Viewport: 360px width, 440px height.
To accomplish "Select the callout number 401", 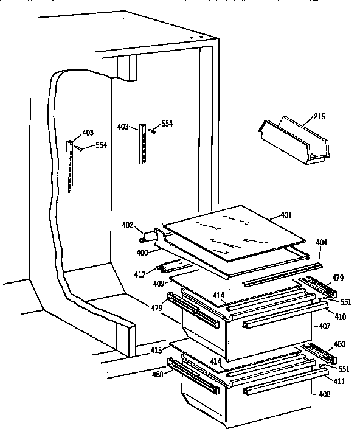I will (285, 214).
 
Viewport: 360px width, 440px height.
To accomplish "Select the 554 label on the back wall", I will (167, 124).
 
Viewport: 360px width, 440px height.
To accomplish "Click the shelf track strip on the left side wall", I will (71, 167).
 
